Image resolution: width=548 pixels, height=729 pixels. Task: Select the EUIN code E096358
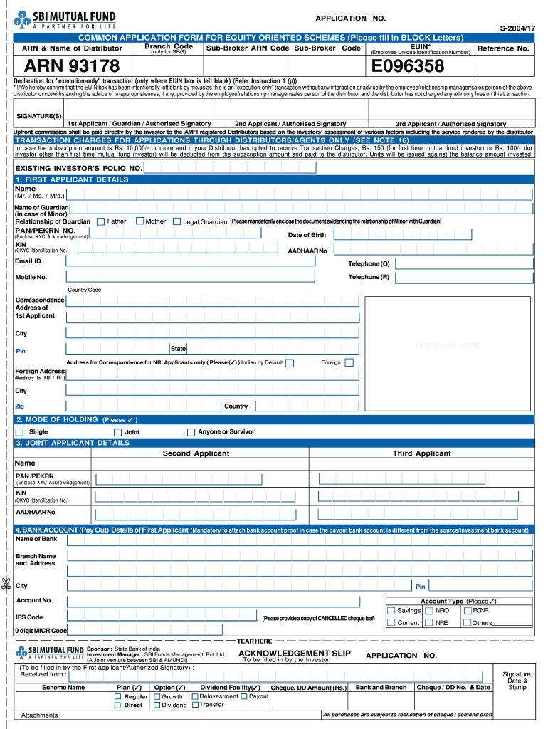409,67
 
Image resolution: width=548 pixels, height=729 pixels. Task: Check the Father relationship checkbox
100,221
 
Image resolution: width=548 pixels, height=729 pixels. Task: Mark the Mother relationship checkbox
139,221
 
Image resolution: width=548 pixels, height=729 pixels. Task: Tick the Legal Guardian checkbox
176,221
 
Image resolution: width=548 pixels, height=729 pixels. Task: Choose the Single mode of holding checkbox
20,432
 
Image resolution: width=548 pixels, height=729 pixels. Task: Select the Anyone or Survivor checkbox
191,432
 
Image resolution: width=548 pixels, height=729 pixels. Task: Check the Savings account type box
391,611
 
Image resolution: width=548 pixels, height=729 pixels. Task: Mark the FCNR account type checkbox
467,611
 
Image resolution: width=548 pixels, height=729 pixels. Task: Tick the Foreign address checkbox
349,362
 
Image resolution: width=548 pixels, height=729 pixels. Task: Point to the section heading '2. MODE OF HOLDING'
57,420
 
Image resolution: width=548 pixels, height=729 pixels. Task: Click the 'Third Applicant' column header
421,453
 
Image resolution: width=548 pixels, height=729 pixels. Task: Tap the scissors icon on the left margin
6,585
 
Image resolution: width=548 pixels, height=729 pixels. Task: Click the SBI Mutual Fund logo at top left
64,21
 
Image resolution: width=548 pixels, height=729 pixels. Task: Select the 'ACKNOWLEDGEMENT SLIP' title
294,653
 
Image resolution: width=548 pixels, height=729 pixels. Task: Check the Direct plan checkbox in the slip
118,706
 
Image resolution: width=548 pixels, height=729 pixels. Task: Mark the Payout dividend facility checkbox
244,696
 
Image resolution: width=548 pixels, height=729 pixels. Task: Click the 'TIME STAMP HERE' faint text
447,345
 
